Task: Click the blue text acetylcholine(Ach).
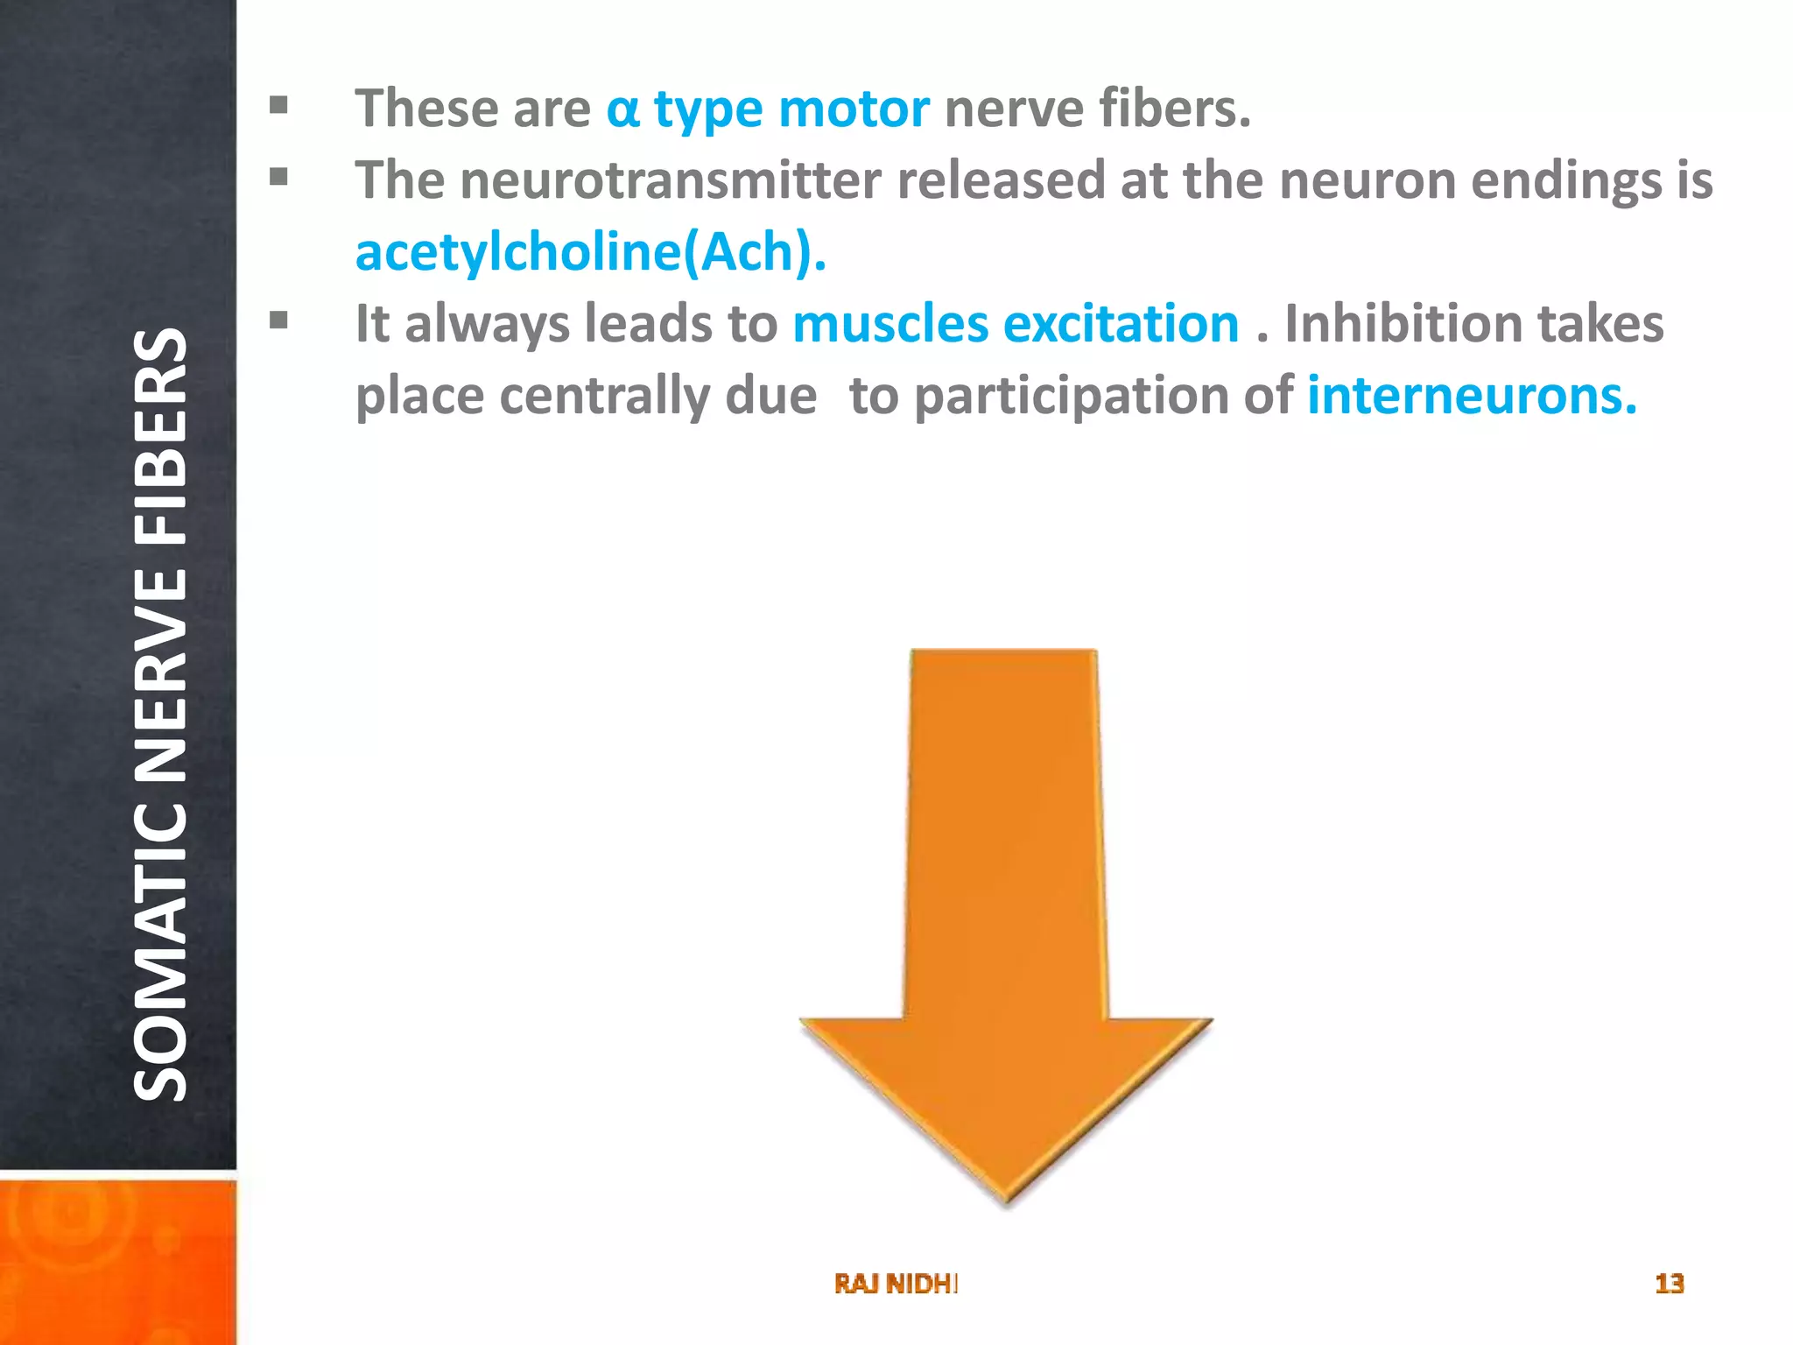pyautogui.click(x=591, y=252)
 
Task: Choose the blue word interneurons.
pyautogui.click(x=1472, y=396)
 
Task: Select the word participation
pyautogui.click(x=1104, y=396)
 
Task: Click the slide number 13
pyautogui.click(x=1669, y=1284)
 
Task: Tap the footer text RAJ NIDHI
pyautogui.click(x=896, y=1284)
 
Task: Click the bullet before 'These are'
pyautogui.click(x=278, y=106)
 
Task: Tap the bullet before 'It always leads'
pyautogui.click(x=278, y=320)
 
